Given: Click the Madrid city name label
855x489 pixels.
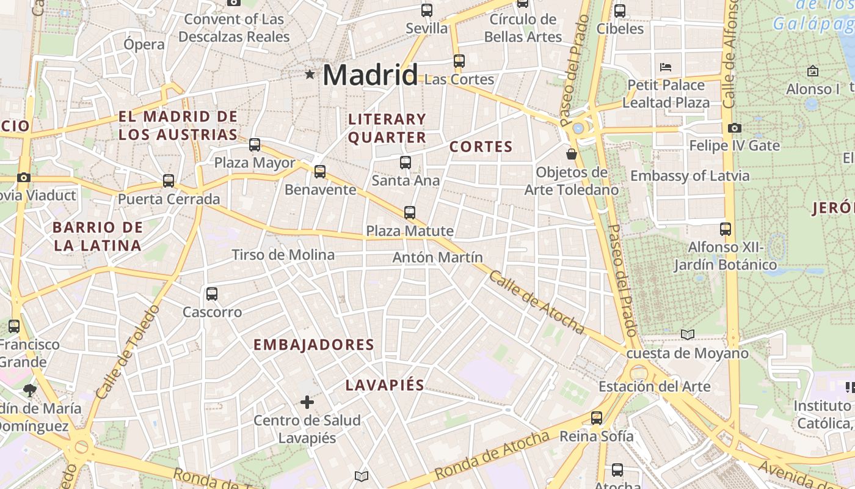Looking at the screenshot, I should pos(370,75).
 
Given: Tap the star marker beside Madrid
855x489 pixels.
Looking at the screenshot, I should pos(310,75).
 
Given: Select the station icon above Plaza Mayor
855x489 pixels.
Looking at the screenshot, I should pos(255,145).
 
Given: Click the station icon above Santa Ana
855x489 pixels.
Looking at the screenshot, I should pos(406,162).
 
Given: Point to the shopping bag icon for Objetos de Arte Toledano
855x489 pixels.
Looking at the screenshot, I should pos(572,153).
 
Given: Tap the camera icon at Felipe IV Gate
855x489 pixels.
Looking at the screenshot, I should pos(734,128).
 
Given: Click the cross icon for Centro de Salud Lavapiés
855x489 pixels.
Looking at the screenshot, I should pos(307,402).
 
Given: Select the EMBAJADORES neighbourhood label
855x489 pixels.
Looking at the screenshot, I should pos(314,345).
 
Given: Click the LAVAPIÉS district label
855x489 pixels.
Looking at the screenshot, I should pos(385,385).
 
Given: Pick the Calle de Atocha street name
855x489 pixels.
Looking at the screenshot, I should pos(536,303).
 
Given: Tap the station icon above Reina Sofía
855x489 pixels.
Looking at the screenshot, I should pos(597,418).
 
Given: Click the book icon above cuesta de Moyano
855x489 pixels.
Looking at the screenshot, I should pos(688,334).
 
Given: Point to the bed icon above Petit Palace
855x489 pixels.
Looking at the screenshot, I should pos(666,67).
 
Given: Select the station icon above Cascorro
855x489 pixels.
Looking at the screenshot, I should pos(212,294).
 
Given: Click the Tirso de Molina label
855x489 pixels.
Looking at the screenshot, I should pos(283,255).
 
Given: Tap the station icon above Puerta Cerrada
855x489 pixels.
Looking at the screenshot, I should pos(169,181).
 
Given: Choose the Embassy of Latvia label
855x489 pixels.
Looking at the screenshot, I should pos(689,176).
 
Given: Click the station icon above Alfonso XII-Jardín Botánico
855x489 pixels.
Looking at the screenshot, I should pos(726,229).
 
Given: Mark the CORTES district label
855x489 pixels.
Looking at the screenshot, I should pos(481,147).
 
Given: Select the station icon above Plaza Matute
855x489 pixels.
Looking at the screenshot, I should pos(410,213).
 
